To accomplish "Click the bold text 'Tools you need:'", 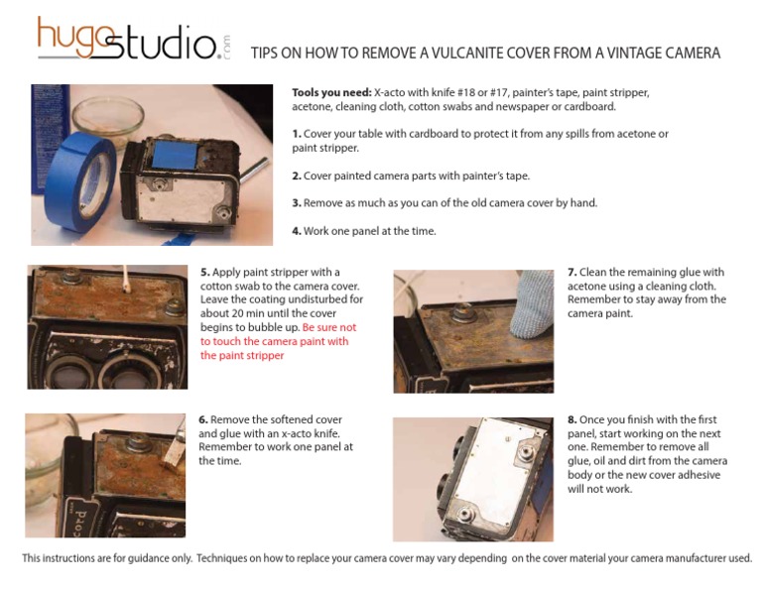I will point(331,92).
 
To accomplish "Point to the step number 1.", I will point(296,134).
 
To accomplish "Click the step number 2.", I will point(296,176).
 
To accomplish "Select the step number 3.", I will point(296,203).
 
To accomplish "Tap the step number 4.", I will point(296,231).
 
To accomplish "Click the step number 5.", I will point(204,272).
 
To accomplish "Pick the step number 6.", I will point(202,419).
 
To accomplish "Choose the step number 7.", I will point(571,272).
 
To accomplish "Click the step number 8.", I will point(571,419).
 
